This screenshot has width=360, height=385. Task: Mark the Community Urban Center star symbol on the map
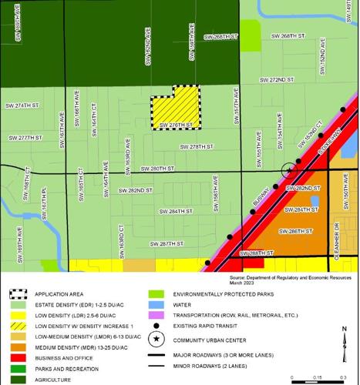click(288, 169)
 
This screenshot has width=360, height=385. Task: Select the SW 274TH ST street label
click(22, 104)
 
